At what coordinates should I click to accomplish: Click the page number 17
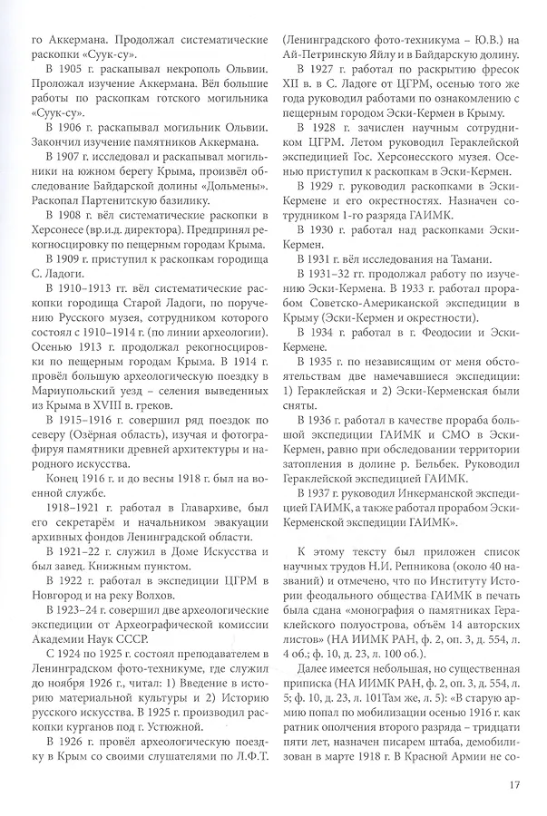tap(513, 773)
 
